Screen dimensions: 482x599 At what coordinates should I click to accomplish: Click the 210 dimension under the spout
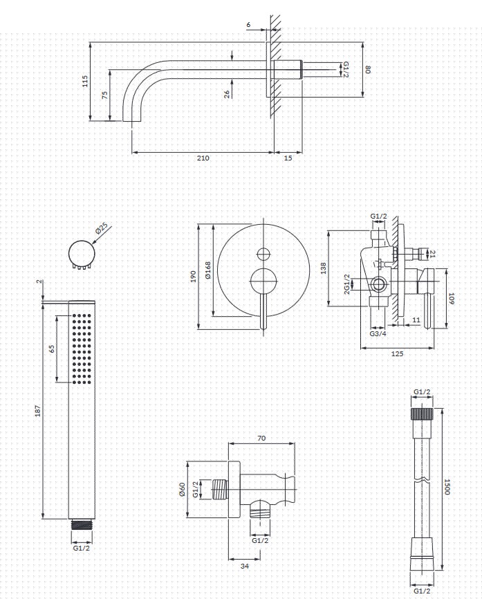[203, 158]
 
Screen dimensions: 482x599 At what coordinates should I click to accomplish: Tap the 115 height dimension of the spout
[85, 81]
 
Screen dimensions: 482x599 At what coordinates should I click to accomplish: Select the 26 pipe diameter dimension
[227, 94]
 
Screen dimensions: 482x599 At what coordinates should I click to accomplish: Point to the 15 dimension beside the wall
[288, 158]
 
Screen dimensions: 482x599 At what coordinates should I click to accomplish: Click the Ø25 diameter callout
[102, 229]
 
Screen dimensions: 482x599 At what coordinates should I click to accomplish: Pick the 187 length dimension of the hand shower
[37, 410]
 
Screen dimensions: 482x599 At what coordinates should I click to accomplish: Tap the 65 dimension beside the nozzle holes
[52, 349]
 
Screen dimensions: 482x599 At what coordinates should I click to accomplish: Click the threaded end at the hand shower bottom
[82, 524]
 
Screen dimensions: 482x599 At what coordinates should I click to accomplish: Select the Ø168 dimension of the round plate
[207, 270]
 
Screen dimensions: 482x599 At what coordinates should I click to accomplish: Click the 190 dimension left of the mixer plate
[193, 276]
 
